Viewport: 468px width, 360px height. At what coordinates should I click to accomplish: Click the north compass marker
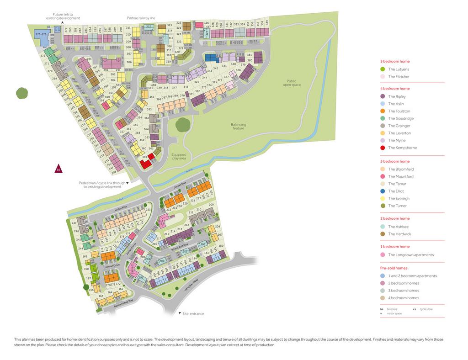pyautogui.click(x=58, y=169)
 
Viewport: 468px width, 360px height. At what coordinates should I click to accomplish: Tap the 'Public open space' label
pyautogui.click(x=288, y=83)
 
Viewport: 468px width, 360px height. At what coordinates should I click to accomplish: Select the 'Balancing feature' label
pyautogui.click(x=238, y=126)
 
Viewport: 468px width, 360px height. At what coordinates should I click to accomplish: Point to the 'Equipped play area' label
pyautogui.click(x=179, y=156)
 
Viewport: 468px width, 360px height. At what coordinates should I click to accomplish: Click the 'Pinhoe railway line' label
pyautogui.click(x=141, y=18)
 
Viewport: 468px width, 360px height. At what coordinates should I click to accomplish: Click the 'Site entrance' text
pyautogui.click(x=193, y=314)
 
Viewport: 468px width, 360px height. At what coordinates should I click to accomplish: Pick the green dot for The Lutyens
pyautogui.click(x=383, y=69)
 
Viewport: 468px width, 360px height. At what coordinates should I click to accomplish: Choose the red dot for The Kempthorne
pyautogui.click(x=383, y=148)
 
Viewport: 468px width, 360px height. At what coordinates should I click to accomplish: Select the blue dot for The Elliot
pyautogui.click(x=383, y=191)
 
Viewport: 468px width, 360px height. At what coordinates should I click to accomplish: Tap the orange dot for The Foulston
pyautogui.click(x=383, y=111)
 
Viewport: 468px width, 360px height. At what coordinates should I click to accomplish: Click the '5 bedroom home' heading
pyautogui.click(x=395, y=61)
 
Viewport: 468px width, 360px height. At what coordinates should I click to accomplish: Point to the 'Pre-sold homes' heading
pyautogui.click(x=394, y=268)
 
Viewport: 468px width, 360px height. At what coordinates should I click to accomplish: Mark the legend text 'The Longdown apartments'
pyautogui.click(x=411, y=255)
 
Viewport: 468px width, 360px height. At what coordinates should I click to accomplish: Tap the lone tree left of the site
pyautogui.click(x=22, y=93)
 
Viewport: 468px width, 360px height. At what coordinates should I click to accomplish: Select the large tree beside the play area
pyautogui.click(x=183, y=124)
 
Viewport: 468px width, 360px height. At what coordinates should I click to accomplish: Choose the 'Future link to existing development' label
pyautogui.click(x=63, y=16)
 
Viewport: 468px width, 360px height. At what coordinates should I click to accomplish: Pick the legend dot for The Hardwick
pyautogui.click(x=383, y=234)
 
